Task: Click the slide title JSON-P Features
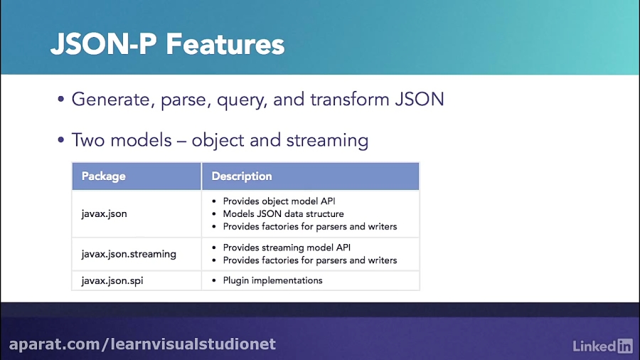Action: tap(167, 44)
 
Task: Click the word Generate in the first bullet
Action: tap(111, 100)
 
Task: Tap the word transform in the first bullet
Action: tap(350, 99)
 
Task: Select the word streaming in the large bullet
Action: tap(327, 141)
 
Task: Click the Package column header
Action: tap(104, 176)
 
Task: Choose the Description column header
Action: tap(242, 176)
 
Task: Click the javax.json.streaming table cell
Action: tap(129, 254)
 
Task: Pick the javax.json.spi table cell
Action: tap(112, 281)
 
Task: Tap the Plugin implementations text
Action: tap(272, 280)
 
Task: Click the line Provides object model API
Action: tap(279, 201)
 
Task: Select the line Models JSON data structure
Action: tap(283, 214)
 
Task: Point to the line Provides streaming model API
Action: tap(287, 248)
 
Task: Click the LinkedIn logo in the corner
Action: tap(602, 346)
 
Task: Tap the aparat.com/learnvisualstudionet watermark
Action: tap(142, 344)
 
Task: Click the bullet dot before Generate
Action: tap(61, 99)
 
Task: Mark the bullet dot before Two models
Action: tap(61, 140)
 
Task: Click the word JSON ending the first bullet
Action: tap(420, 99)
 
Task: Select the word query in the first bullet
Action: tap(242, 100)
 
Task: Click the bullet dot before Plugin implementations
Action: tap(214, 281)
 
